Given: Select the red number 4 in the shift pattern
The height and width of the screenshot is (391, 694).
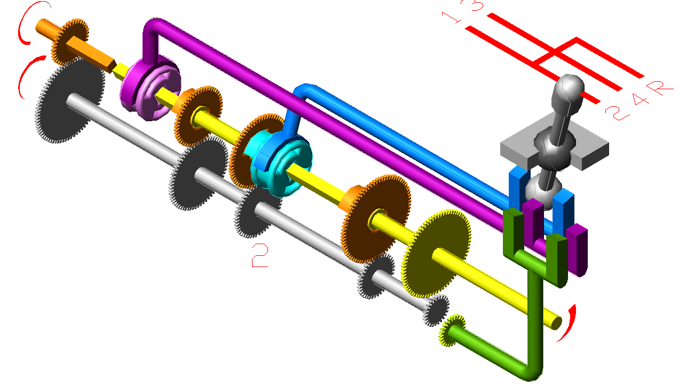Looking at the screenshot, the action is point(640,100).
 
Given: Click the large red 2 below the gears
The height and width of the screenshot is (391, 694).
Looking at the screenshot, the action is point(260,255).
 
